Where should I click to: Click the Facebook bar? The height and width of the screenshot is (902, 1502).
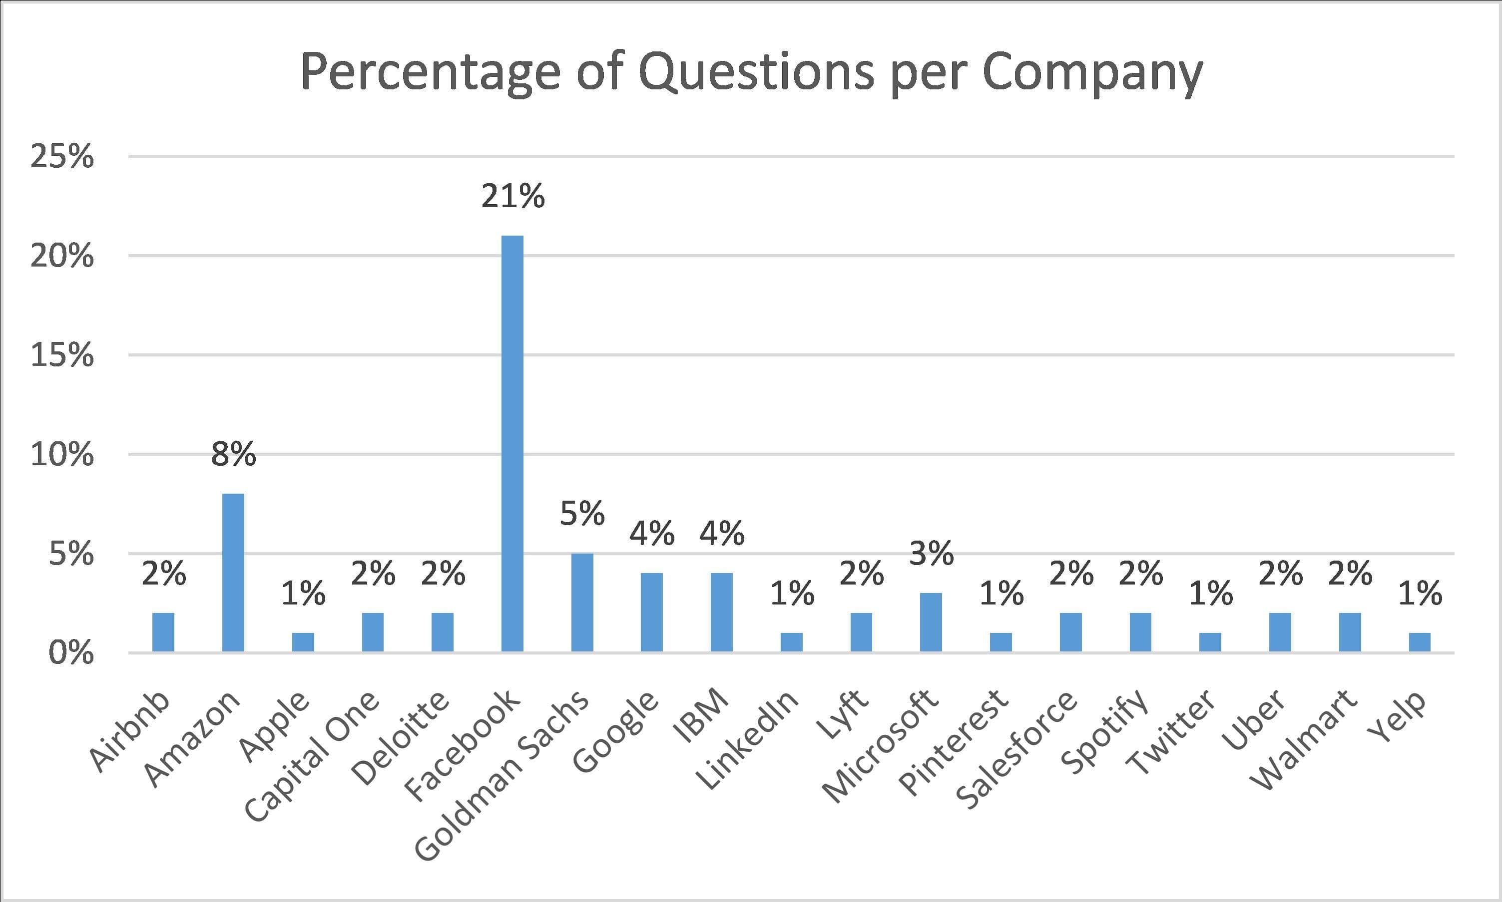pyautogui.click(x=512, y=444)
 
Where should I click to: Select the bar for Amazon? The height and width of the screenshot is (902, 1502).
pyautogui.click(x=233, y=573)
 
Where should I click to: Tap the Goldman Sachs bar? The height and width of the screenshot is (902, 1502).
pyautogui.click(x=582, y=602)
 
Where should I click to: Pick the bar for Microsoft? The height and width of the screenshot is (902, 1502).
pyautogui.click(x=931, y=622)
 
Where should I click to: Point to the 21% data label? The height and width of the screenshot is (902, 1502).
pyautogui.click(x=512, y=196)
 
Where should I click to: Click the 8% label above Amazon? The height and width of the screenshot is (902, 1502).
pyautogui.click(x=233, y=454)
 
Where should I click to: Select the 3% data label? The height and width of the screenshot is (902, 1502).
pyautogui.click(x=931, y=553)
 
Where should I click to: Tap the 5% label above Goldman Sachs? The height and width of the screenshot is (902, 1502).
pyautogui.click(x=582, y=513)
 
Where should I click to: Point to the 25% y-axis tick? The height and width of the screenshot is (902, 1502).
pyautogui.click(x=62, y=157)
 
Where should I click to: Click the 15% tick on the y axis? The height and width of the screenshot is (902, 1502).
pyautogui.click(x=62, y=355)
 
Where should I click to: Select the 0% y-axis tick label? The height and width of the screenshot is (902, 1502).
pyautogui.click(x=71, y=653)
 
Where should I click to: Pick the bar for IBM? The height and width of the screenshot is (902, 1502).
pyautogui.click(x=721, y=612)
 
